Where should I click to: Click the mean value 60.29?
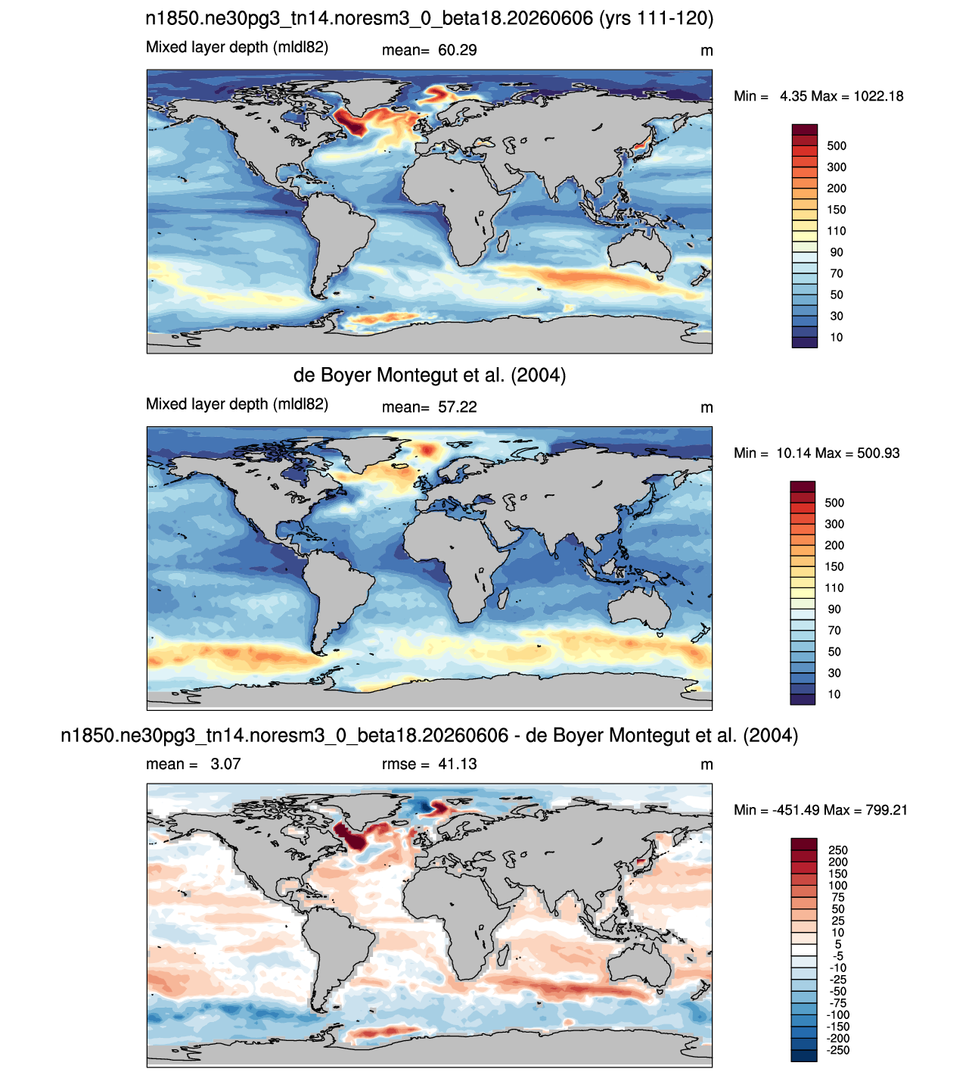(457, 50)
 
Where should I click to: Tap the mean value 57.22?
(457, 407)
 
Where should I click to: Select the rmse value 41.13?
(457, 764)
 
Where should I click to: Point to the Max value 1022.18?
(878, 96)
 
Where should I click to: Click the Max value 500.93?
(878, 453)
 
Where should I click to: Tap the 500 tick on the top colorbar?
(837, 146)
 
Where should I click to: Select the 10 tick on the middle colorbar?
(834, 694)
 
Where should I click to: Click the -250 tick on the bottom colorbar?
(838, 1050)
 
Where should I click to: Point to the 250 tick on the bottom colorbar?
(838, 850)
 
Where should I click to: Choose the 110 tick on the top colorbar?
(837, 231)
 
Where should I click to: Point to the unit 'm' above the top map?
(706, 51)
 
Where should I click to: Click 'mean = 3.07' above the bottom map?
(194, 764)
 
